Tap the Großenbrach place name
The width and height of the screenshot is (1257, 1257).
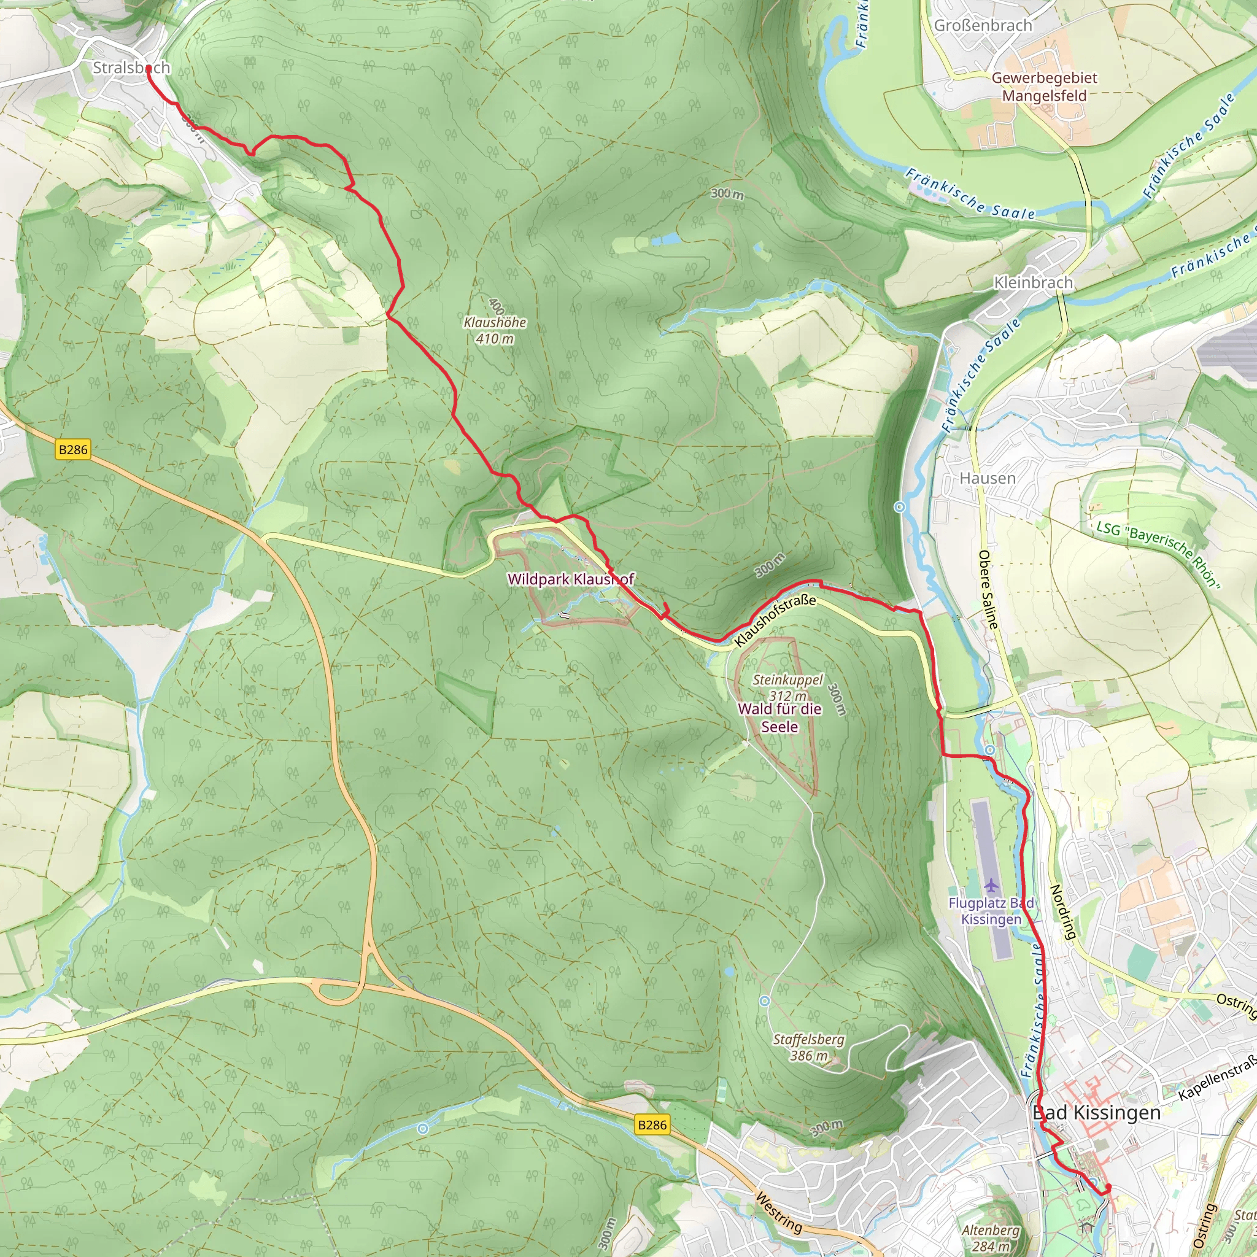coord(983,25)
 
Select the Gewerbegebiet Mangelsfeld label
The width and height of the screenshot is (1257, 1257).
coord(1043,87)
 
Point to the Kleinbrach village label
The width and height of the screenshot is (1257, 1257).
coord(1033,282)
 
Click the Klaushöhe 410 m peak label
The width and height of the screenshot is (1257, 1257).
coord(495,330)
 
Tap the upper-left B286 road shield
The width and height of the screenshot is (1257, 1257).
coord(73,449)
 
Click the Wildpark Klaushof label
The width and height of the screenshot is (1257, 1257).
coord(570,579)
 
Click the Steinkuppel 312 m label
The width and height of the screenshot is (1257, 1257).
coord(788,687)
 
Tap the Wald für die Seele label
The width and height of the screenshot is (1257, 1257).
coord(779,717)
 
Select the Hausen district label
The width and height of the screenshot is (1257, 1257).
coord(987,478)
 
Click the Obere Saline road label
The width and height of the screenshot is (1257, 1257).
coord(988,589)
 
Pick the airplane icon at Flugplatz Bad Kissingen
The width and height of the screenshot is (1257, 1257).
coord(990,886)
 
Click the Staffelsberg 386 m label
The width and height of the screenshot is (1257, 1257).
coord(809,1047)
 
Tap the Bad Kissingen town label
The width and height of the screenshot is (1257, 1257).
coord(1096,1113)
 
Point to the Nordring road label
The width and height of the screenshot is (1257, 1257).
coord(1062,911)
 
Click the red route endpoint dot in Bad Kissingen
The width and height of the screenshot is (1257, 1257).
coord(1107,1188)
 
